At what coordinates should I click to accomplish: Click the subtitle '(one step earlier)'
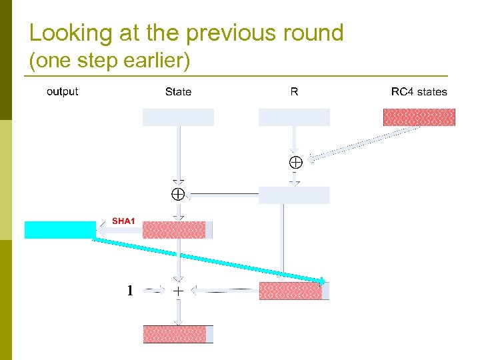pyautogui.click(x=110, y=61)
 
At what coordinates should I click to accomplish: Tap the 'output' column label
pyautogui.click(x=62, y=92)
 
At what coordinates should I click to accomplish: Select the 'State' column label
pyautogui.click(x=178, y=92)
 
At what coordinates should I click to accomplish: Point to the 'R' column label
pyautogui.click(x=294, y=92)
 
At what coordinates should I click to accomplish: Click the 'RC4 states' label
pyautogui.click(x=419, y=92)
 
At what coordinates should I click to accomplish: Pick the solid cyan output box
pyautogui.click(x=60, y=229)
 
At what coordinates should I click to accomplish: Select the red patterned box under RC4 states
pyautogui.click(x=419, y=117)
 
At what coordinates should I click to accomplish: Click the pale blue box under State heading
pyautogui.click(x=178, y=117)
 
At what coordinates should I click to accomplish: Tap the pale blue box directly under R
pyautogui.click(x=294, y=117)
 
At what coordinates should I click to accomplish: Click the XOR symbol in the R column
pyautogui.click(x=295, y=162)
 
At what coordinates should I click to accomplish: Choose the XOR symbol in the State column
pyautogui.click(x=177, y=195)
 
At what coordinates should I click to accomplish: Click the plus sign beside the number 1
pyautogui.click(x=178, y=291)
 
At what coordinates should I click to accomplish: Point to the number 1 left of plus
pyautogui.click(x=130, y=291)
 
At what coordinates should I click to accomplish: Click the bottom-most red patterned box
pyautogui.click(x=177, y=333)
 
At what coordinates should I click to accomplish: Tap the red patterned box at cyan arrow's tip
pyautogui.click(x=291, y=291)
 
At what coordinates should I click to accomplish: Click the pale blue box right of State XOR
pyautogui.click(x=294, y=195)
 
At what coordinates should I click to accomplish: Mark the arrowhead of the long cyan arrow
pyautogui.click(x=323, y=281)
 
